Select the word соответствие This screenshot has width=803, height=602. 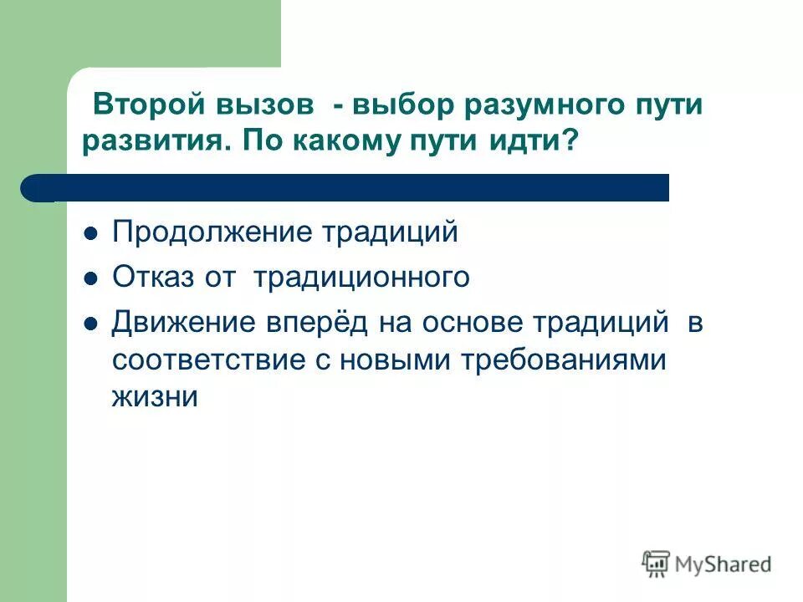209,360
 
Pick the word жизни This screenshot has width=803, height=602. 154,396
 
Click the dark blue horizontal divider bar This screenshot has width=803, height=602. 351,187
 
